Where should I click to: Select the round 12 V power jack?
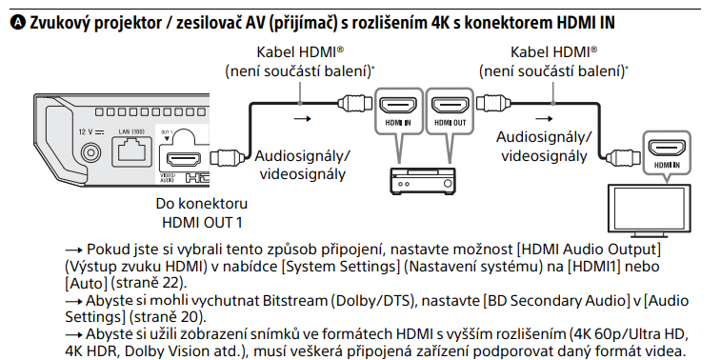(x=92, y=150)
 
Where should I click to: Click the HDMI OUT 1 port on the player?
(x=180, y=156)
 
